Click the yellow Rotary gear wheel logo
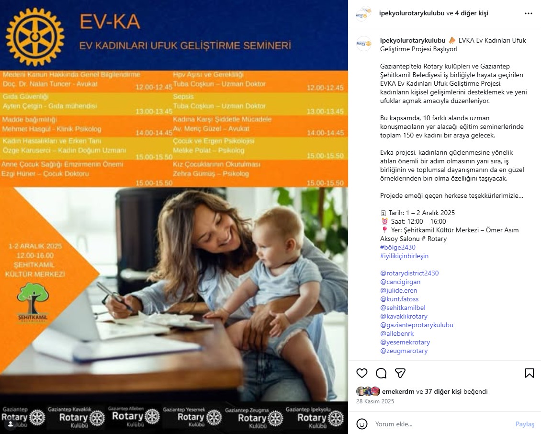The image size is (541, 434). click(35, 36)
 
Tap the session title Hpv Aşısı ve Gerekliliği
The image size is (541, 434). click(208, 75)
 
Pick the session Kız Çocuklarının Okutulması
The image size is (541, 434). click(216, 164)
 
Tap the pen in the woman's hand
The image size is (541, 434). click(115, 297)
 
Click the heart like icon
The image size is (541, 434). click(362, 373)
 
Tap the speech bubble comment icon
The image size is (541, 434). click(381, 373)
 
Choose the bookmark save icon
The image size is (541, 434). click(529, 373)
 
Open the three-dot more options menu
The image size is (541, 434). click(528, 13)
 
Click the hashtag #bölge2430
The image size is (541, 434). click(397, 247)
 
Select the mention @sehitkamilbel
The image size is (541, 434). click(403, 308)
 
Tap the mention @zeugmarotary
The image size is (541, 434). click(404, 351)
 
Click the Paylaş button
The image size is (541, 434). click(525, 424)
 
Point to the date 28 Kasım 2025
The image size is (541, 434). click(375, 401)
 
